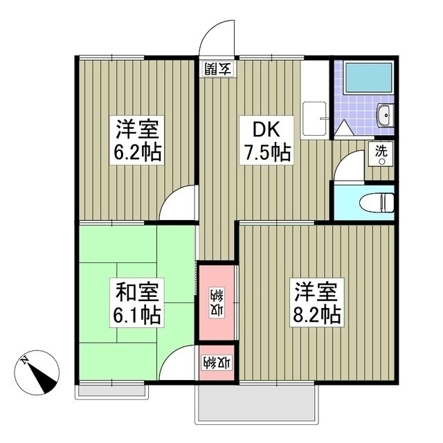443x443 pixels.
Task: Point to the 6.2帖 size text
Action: [x=138, y=151]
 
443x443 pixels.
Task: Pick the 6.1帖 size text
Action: [x=138, y=316]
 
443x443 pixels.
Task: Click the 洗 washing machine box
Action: [x=382, y=152]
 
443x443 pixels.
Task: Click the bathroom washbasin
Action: [x=384, y=116]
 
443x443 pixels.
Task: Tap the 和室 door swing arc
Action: [x=179, y=363]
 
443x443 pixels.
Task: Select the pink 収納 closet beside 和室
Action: [x=217, y=301]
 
